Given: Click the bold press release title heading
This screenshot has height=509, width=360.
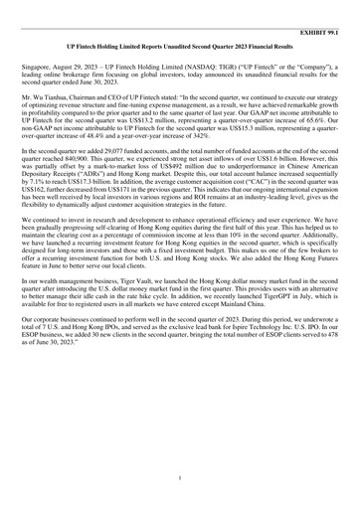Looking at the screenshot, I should point(179,47).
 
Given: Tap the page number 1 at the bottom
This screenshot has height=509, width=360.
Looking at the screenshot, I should point(179,478).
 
